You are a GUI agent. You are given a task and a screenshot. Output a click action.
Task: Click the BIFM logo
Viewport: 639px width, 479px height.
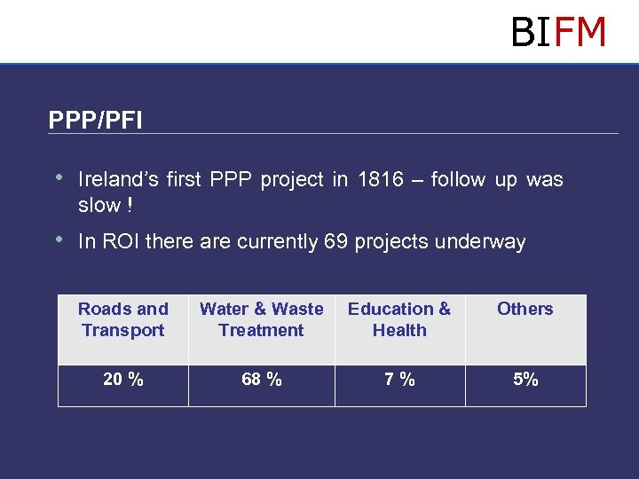point(558,33)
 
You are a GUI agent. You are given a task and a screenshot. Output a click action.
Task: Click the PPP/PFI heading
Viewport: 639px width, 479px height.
point(95,120)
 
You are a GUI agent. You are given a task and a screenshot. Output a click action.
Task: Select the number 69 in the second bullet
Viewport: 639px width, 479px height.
point(336,242)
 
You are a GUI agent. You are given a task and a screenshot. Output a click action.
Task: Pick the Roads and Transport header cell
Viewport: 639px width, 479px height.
point(122,319)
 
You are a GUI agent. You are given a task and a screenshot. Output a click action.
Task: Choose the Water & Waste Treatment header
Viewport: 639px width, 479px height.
point(261,319)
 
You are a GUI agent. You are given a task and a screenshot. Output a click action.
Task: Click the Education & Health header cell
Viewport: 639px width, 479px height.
point(399,319)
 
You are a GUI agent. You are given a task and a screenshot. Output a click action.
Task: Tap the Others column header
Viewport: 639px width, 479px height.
point(525,310)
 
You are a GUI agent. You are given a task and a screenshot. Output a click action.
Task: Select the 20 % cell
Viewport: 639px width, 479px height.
point(122,380)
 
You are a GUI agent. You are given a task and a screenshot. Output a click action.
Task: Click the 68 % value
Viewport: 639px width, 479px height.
point(261,380)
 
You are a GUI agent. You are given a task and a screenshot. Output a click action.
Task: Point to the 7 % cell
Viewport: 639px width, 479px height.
point(399,380)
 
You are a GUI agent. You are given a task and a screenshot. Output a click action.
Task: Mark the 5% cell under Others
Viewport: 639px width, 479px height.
point(525,380)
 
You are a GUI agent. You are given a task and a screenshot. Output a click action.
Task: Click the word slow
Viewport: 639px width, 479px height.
point(99,206)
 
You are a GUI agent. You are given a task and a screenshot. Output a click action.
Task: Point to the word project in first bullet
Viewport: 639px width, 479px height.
point(294,180)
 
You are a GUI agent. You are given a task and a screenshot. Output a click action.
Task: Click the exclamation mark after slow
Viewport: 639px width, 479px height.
point(130,206)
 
